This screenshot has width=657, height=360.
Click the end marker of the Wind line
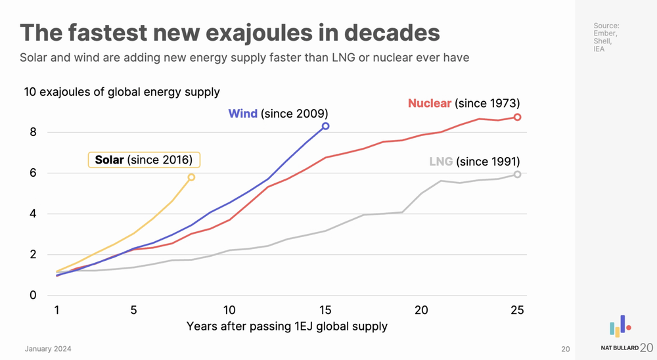pos(325,126)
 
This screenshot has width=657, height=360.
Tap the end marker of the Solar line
pos(191,177)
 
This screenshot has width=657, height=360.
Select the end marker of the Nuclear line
pos(518,117)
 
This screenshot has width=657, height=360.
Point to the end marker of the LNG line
pos(518,174)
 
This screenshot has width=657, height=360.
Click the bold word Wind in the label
pos(242,114)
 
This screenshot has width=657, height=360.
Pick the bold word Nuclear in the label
pos(430,103)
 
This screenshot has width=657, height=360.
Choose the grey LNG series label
pos(441,162)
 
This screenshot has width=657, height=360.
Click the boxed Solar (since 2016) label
pos(144,160)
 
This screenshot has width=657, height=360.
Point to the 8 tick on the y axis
pos(33,132)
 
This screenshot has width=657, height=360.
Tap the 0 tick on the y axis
pos(33,296)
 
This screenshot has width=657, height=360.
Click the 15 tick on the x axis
pos(325,310)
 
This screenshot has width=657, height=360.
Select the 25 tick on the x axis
pos(518,310)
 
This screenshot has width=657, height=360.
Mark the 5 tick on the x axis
pos(134,310)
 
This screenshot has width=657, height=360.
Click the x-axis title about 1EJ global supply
pos(287,326)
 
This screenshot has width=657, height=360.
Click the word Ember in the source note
pos(604,34)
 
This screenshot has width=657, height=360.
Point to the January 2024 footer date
pos(48,349)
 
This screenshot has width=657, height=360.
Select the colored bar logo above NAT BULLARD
pos(620,326)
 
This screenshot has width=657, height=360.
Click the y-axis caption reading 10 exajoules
pos(122,92)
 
